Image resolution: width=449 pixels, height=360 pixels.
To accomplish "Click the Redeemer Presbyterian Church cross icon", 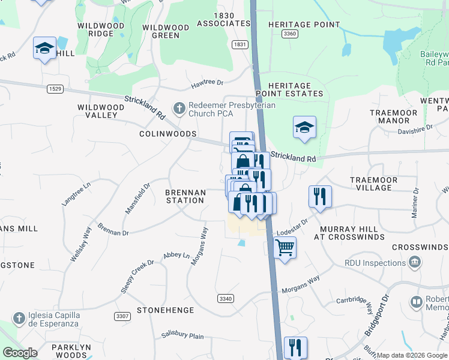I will coord(178,109).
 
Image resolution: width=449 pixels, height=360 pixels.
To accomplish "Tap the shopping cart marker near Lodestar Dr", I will coord(285,247).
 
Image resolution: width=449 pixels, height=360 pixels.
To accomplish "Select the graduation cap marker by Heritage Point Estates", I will coord(305,127).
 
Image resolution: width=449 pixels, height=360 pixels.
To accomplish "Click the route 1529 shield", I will coord(55,89).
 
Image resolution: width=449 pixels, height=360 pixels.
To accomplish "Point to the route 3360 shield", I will coord(289,34).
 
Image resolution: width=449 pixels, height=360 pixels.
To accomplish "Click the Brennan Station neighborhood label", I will coord(185,196).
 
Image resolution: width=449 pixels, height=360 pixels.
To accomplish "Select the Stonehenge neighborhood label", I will coord(165,310).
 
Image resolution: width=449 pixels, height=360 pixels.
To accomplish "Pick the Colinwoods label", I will coord(168,134).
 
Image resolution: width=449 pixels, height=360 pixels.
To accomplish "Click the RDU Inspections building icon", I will coord(414,263).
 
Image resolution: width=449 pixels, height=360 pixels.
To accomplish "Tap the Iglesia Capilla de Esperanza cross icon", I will coord(19,317).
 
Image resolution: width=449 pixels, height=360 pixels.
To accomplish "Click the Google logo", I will coord(20,353).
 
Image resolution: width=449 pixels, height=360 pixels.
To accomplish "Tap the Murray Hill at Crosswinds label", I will coord(349,233).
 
